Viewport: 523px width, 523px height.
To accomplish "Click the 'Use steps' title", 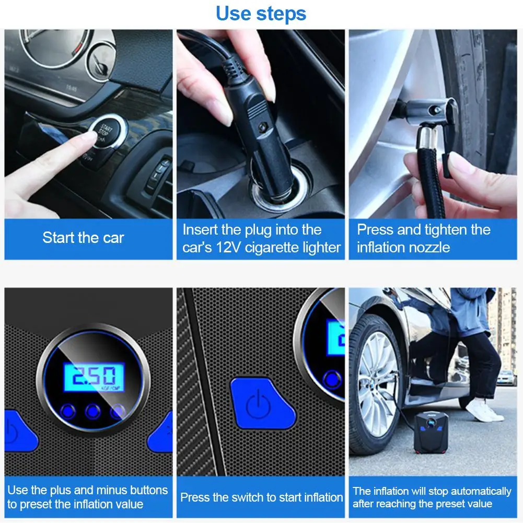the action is [261, 14].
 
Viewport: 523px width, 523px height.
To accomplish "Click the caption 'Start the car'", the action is [83, 238].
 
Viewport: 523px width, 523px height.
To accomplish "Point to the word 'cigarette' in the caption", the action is [272, 248].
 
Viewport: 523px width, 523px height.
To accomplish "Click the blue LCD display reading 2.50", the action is [95, 377].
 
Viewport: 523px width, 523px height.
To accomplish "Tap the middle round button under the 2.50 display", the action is [92, 411].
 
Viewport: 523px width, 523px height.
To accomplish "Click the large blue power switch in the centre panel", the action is [262, 403].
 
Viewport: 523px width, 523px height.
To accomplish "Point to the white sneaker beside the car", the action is [484, 411].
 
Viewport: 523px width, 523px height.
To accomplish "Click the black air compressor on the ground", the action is [431, 433].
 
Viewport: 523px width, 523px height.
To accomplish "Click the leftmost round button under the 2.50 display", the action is [68, 411].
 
